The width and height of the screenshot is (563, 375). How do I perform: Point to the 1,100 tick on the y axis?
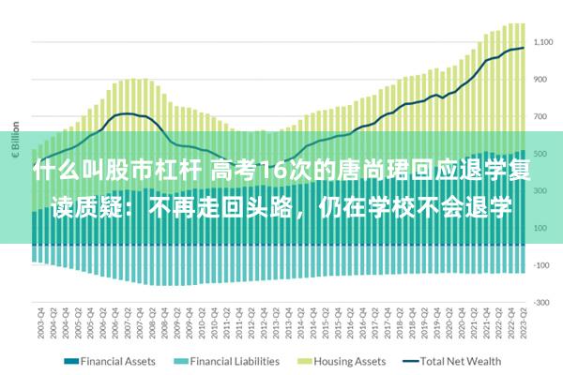pos(542,43)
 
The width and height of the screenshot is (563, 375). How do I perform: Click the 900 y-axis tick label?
pos(542,80)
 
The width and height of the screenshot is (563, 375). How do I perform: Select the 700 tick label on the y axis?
pos(542,117)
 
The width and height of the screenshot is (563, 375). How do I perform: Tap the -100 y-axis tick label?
pos(542,265)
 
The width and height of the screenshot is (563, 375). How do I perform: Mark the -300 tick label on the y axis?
pos(542,303)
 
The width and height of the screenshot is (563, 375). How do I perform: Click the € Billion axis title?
pos(16,136)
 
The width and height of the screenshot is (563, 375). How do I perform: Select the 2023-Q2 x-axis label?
pos(521,323)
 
